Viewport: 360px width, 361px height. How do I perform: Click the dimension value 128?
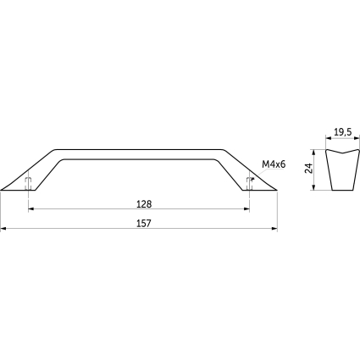pos(144,204)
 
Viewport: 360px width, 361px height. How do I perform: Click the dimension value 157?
pos(144,224)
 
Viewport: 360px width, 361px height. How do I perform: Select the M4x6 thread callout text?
pos(274,164)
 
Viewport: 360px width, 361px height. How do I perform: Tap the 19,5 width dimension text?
pos(342,132)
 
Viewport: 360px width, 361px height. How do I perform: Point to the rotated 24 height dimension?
pos(309,169)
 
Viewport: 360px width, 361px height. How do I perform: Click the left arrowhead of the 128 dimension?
pos(31,209)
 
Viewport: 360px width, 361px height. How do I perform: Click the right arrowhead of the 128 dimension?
pos(246,209)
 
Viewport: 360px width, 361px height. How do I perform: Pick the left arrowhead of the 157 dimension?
pos(3,228)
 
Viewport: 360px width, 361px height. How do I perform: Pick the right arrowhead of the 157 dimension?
pos(274,228)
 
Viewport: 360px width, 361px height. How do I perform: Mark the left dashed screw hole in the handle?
pos(28,184)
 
